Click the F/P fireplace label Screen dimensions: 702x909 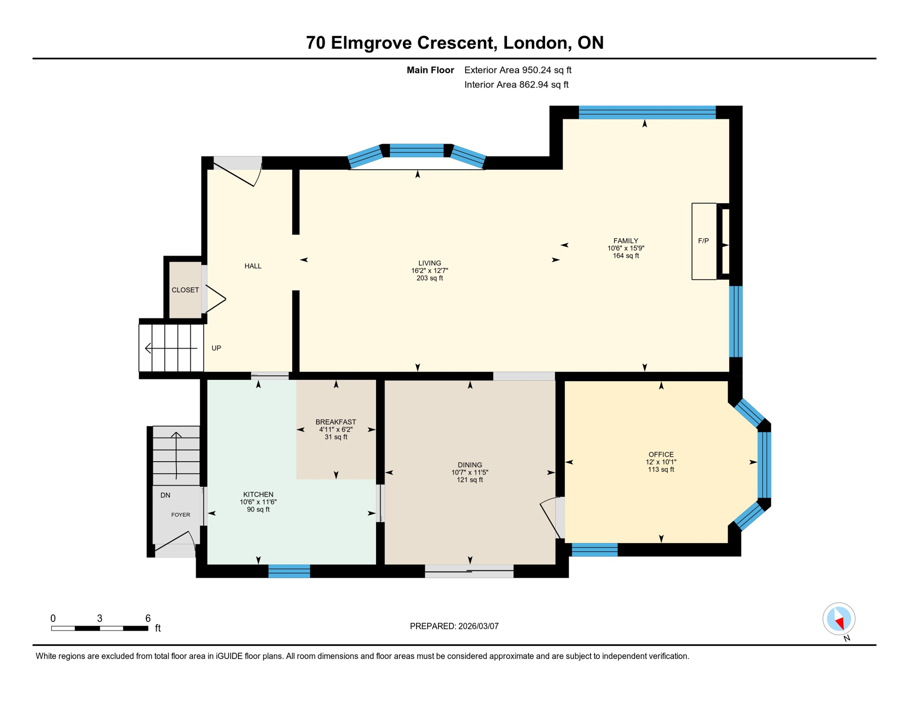click(x=703, y=241)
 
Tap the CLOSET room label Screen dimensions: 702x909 click(x=185, y=290)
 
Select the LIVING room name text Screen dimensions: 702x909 click(x=429, y=263)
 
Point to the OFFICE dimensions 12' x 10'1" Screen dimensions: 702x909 click(x=661, y=462)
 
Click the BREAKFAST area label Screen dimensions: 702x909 click(x=336, y=422)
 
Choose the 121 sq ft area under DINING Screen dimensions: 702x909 click(x=470, y=480)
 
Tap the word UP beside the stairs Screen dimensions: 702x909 click(x=216, y=348)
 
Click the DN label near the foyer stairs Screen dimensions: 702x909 click(x=165, y=495)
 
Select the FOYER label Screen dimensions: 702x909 click(x=181, y=515)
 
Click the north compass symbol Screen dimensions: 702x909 click(x=839, y=619)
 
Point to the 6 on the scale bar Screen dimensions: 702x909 click(x=148, y=618)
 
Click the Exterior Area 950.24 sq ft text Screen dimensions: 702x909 click(x=518, y=70)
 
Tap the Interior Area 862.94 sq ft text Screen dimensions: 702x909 click(x=516, y=85)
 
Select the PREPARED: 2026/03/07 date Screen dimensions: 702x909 click(x=454, y=626)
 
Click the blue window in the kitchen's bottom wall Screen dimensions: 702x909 click(x=289, y=571)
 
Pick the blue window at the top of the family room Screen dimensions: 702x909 click(x=647, y=112)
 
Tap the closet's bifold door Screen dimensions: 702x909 click(x=215, y=299)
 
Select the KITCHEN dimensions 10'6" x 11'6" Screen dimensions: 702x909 click(x=258, y=502)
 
